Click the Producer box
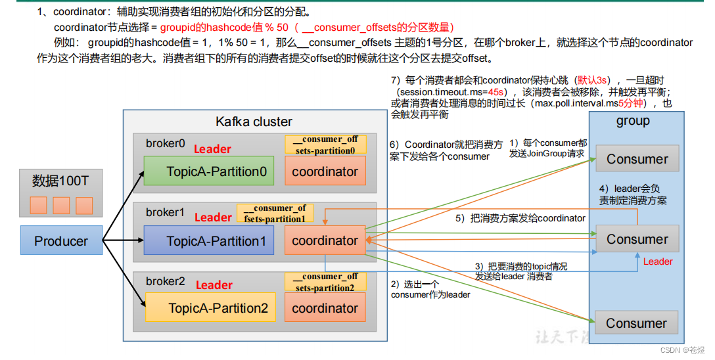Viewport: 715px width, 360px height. [61, 241]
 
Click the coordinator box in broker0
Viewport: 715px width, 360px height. [325, 171]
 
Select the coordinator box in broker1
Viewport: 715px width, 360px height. [325, 241]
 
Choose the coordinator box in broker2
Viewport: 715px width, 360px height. [325, 308]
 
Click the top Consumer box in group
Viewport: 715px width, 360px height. [637, 159]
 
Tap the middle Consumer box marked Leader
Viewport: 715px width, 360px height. [637, 239]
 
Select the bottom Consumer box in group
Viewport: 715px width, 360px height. [636, 323]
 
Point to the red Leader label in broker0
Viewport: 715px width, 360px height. [212, 149]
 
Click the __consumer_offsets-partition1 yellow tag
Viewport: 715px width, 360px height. [275, 213]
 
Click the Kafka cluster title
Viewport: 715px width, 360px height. [254, 122]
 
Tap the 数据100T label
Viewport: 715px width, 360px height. [60, 181]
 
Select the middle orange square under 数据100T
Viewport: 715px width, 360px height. [61, 206]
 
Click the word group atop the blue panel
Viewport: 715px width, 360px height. [632, 121]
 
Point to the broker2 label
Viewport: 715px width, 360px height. [165, 281]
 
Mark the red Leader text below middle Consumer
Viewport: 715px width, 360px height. [657, 261]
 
